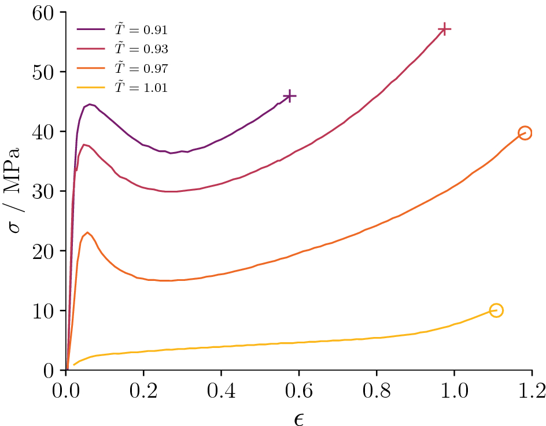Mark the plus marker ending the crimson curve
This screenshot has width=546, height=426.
444,29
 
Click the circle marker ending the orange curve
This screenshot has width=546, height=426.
525,133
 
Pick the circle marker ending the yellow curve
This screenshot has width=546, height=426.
496,310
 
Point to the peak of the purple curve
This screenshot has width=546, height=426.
90,104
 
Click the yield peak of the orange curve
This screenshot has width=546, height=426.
87,232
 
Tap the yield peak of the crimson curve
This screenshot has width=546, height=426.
84,145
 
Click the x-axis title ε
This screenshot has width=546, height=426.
298,417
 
